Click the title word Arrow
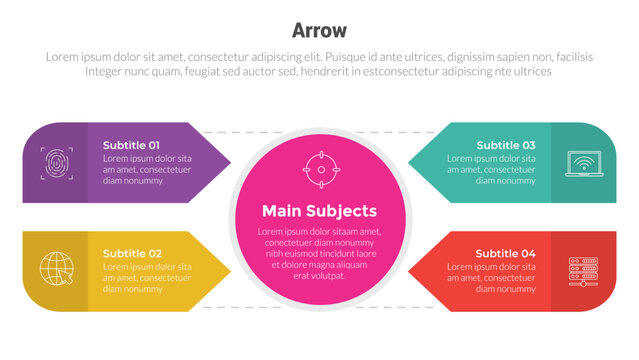[319, 30]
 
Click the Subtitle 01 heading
[131, 145]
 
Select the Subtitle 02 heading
[131, 253]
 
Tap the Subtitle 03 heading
[505, 145]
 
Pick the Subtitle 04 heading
[505, 253]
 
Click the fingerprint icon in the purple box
[55, 162]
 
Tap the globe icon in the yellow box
[55, 269]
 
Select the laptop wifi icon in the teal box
[582, 162]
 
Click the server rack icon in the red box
[582, 269]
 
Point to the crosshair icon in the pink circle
[320, 169]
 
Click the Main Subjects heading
[319, 211]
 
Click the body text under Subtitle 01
[147, 169]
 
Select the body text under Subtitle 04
[491, 277]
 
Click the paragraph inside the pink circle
[319, 253]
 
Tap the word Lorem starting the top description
[63, 57]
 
